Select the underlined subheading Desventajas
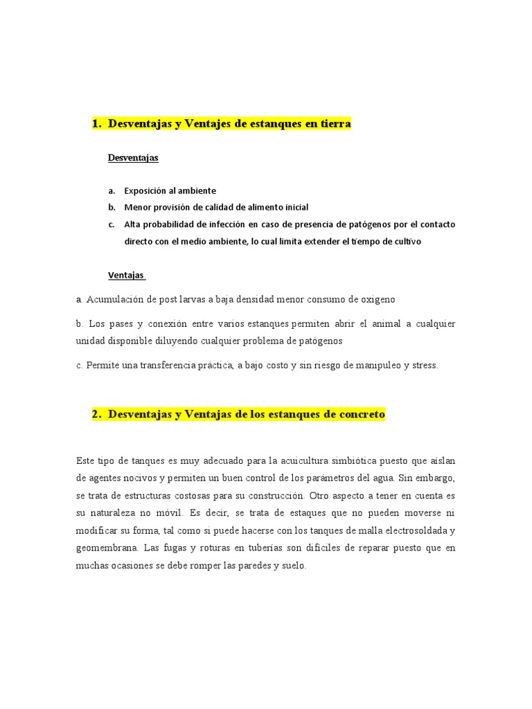click(x=133, y=158)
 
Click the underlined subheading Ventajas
click(x=126, y=275)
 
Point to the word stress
click(x=425, y=366)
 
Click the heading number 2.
click(x=96, y=415)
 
